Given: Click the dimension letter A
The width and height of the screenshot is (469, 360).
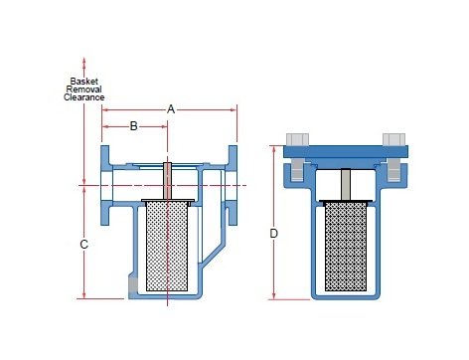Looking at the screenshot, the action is (171, 109).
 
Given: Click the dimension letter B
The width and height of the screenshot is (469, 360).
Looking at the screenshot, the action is (133, 126).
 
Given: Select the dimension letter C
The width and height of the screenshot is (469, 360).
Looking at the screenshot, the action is (84, 245).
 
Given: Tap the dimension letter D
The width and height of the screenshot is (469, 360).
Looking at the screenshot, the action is (273, 234).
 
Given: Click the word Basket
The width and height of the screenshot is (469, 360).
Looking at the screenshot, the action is (84, 82).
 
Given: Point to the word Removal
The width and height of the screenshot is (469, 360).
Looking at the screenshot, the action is (83, 90).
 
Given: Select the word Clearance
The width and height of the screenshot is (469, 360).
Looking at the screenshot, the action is (84, 97).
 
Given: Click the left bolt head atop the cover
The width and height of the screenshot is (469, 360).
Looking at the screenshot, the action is (297, 139).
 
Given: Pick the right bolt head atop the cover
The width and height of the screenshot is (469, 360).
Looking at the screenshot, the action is (393, 139).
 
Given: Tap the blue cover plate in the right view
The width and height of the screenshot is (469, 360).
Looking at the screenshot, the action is (346, 151).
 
